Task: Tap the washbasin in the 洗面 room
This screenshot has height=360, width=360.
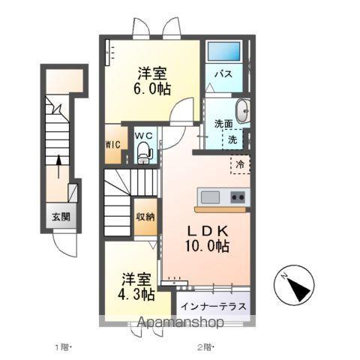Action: point(244,111)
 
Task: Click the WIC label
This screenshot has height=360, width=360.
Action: point(112,144)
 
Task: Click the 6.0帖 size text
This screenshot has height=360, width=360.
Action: point(153,88)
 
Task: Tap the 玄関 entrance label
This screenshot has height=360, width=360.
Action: point(61,217)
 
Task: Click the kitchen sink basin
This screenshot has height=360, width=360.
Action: point(211,196)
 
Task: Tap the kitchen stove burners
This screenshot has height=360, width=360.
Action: point(237,197)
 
